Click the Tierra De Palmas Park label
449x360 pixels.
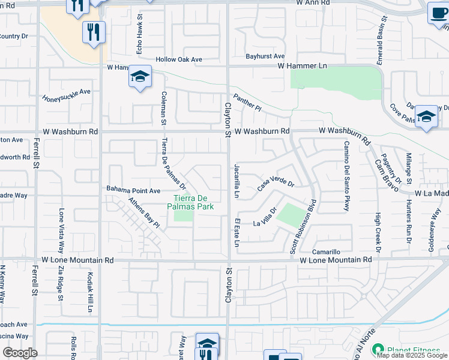point(193,202)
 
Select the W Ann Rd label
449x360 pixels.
point(313,3)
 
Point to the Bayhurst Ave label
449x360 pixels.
point(265,56)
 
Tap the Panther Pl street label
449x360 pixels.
point(247,101)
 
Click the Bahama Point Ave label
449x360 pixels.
point(133,190)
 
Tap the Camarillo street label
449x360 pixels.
point(326,252)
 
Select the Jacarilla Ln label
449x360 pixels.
point(237,181)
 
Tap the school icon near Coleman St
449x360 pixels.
point(140,77)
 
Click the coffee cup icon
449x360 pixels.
point(438,13)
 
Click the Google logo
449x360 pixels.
point(20,353)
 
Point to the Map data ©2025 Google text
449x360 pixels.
point(412,355)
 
